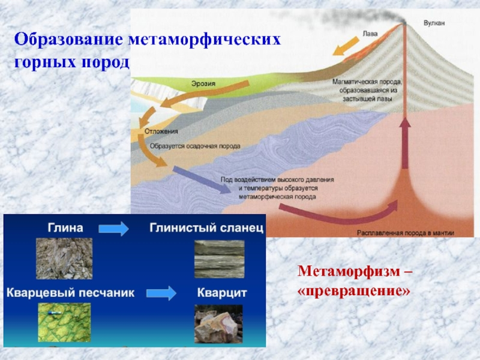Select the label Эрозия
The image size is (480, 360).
(204, 83)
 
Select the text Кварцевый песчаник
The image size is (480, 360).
(71, 293)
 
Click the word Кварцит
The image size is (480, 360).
(222, 293)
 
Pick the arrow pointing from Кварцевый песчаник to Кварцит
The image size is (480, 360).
(162, 293)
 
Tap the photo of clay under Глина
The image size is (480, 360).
(64, 259)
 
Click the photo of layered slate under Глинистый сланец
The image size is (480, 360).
(219, 259)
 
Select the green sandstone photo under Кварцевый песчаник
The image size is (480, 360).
(64, 324)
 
